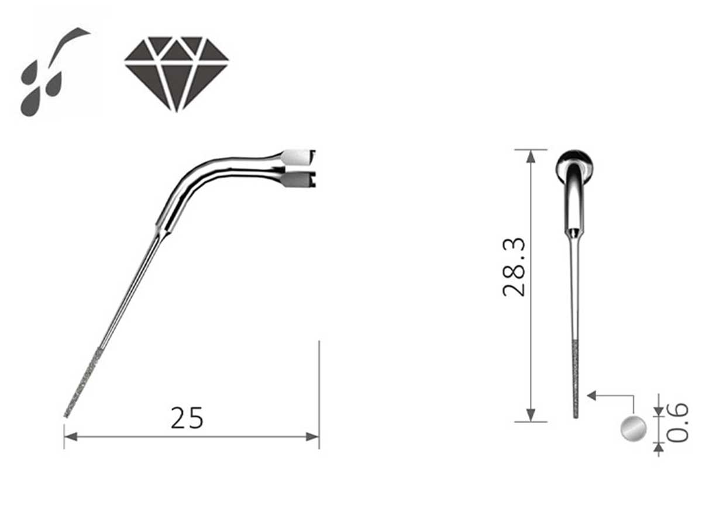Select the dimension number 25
point(187,418)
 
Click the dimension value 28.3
point(515,267)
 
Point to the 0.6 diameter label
point(677,422)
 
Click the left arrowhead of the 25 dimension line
point(70,436)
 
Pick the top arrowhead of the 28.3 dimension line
point(531,155)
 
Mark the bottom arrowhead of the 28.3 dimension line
point(531,416)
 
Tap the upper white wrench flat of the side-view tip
point(295,157)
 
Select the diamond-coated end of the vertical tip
point(576,379)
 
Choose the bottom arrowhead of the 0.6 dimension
point(659,447)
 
